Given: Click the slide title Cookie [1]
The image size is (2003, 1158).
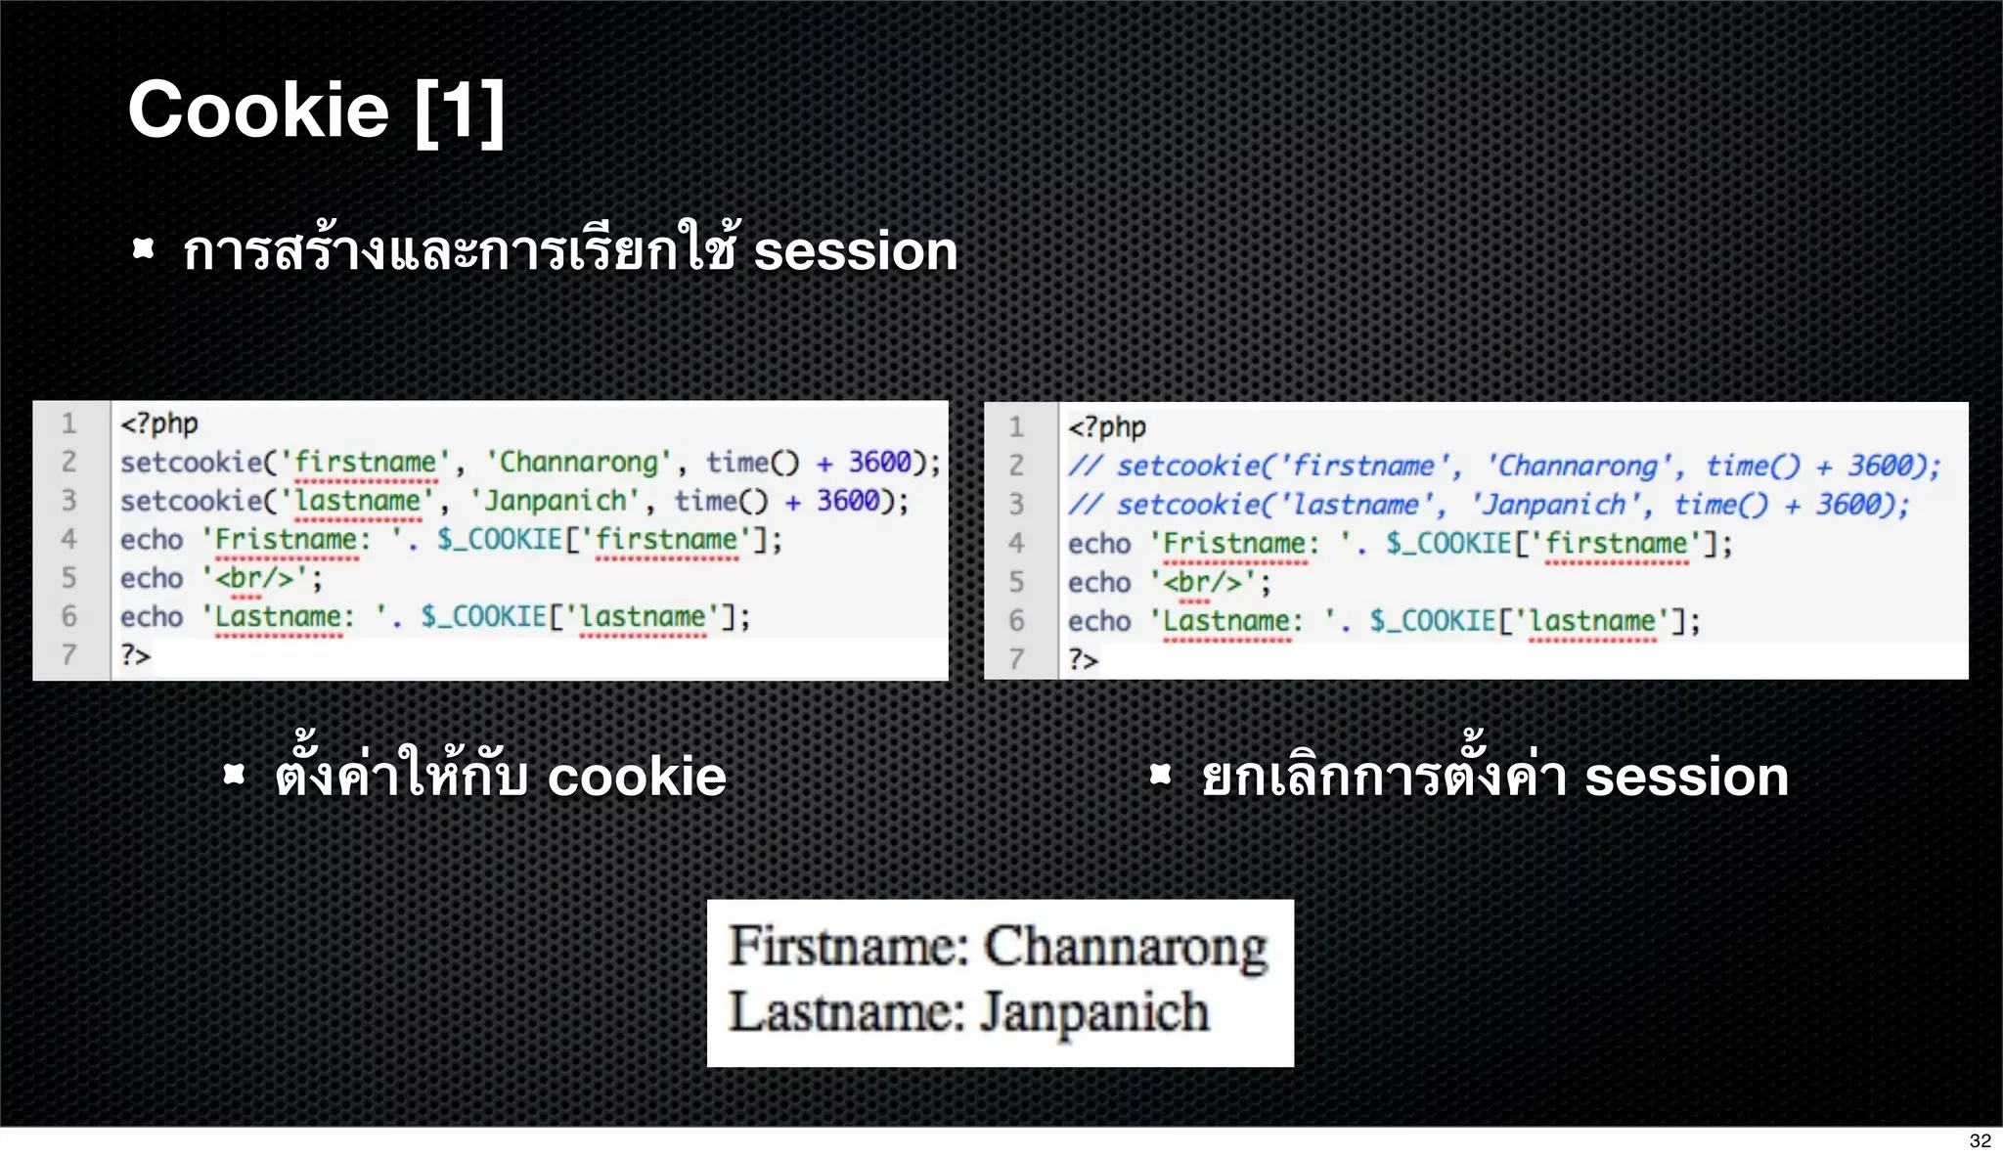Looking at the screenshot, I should (x=316, y=111).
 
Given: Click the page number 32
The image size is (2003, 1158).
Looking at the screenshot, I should (x=1980, y=1140).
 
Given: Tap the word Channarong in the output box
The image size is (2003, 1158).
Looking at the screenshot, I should (x=1126, y=947).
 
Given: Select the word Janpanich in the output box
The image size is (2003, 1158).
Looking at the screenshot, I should (x=1094, y=1011).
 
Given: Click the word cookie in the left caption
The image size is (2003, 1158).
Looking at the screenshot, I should (x=637, y=777).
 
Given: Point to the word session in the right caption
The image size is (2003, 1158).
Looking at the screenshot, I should (x=1686, y=777).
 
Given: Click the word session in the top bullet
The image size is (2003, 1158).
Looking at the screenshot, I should (x=855, y=250).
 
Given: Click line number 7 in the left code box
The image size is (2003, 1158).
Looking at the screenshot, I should (x=68, y=654).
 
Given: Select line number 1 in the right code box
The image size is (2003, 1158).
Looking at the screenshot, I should (x=1016, y=427).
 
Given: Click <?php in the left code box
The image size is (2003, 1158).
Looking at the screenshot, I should (x=158, y=423).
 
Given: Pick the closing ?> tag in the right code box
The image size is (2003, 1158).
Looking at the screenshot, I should (x=1083, y=659).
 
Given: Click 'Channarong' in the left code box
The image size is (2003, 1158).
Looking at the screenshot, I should (x=579, y=462).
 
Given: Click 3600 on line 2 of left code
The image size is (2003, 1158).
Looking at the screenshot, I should (x=879, y=462).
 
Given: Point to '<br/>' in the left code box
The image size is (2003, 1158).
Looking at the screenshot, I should (x=254, y=578).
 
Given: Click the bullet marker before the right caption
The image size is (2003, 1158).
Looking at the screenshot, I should (x=1160, y=776).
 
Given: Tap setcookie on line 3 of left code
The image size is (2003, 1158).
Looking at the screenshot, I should (x=192, y=501).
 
